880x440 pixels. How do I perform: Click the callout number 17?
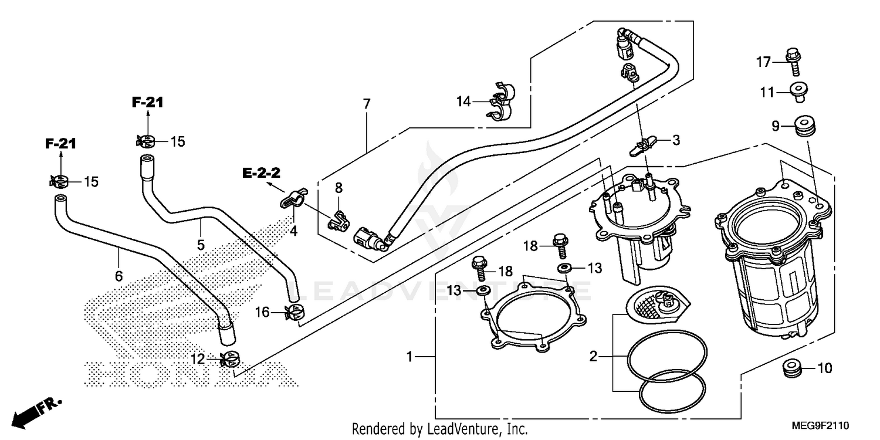(x=762, y=62)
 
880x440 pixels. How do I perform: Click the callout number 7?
(x=367, y=104)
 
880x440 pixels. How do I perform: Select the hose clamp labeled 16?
(x=293, y=312)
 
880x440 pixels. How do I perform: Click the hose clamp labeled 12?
(x=230, y=358)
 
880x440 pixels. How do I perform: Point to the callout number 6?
(x=119, y=276)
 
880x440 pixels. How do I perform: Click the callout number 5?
(x=201, y=245)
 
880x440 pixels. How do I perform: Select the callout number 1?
(x=411, y=356)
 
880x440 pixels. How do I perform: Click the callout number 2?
(x=593, y=356)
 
